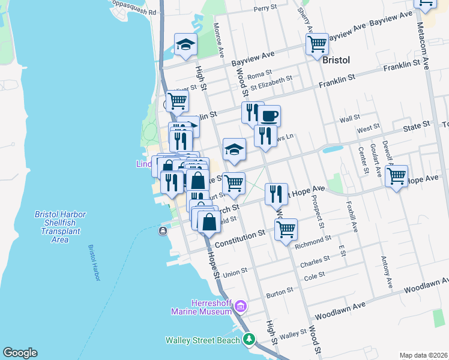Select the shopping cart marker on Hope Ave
tap(396, 176)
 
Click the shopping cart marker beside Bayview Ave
tap(316, 44)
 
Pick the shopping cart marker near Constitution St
tap(286, 228)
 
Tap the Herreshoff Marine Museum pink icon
tap(241, 307)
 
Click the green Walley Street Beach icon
tap(249, 340)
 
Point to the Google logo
tap(20, 353)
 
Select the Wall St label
tap(349, 118)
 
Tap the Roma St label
tap(259, 74)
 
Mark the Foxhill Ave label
tap(353, 219)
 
